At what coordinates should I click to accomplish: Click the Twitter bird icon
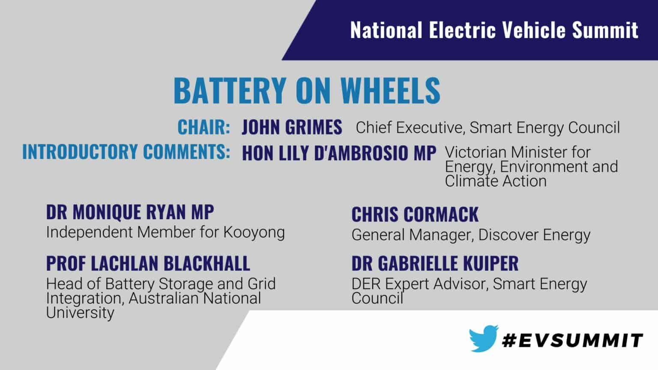click(x=484, y=338)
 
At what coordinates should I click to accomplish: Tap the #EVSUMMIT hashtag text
click(x=572, y=340)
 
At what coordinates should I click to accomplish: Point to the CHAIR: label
click(x=204, y=127)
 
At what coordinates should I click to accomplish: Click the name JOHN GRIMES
click(x=292, y=127)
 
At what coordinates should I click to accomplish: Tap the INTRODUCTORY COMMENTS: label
click(x=126, y=152)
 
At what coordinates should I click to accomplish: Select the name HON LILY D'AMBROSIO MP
click(x=339, y=153)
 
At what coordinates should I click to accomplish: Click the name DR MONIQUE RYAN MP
click(x=130, y=212)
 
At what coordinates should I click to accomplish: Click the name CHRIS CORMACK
click(x=415, y=215)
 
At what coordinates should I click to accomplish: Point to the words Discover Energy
click(x=534, y=235)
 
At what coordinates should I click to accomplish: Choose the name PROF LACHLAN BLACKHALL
click(x=148, y=263)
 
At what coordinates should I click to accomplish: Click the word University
click(x=80, y=313)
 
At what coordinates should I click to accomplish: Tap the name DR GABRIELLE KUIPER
click(x=435, y=263)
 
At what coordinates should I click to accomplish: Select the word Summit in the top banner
click(x=605, y=30)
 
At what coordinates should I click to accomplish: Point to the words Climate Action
click(x=496, y=181)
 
